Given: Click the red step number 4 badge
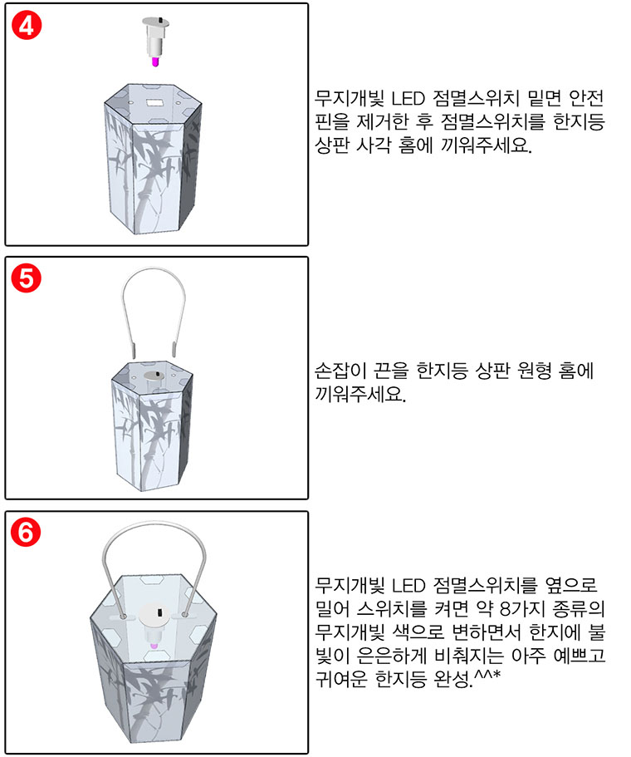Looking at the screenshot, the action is tap(27, 26).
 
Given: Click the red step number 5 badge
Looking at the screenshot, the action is tap(27, 279).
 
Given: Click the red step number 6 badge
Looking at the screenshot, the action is tap(26, 533).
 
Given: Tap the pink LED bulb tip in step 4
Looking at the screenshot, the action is tap(155, 61).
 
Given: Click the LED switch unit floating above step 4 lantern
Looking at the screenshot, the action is tap(155, 42).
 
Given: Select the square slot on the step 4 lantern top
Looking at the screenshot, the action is tap(154, 102).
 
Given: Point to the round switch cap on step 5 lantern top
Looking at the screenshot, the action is tap(154, 375).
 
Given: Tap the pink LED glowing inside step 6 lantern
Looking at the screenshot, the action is tap(155, 646).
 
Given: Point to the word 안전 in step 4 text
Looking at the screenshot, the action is tap(587, 99).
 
